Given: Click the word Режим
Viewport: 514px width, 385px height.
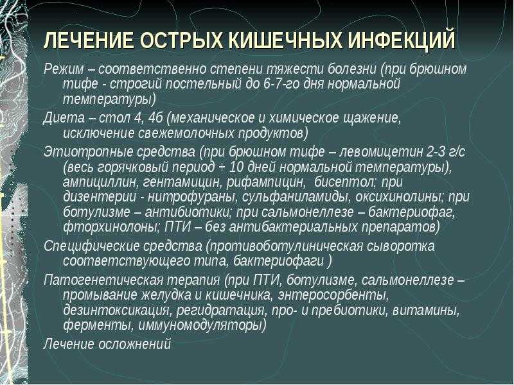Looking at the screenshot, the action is click(64, 69).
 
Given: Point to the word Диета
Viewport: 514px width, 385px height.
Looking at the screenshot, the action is click(64, 118).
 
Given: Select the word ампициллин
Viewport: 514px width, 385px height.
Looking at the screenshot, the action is click(100, 182).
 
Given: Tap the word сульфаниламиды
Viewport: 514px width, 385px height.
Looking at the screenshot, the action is click(296, 198).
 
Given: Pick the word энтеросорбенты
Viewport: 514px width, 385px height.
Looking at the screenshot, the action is click(333, 295).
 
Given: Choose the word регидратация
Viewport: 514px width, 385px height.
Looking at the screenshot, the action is click(220, 311).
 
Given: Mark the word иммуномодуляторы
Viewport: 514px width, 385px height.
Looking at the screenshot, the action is click(202, 326).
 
